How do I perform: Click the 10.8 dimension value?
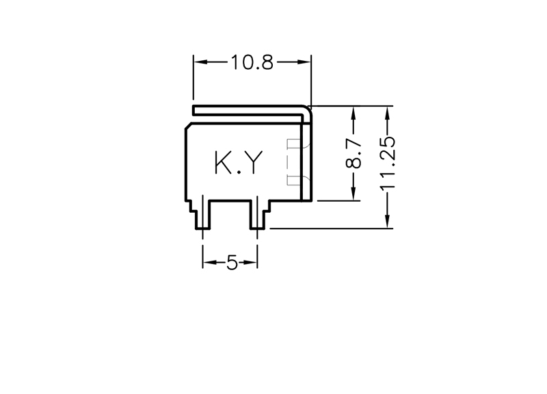(252, 63)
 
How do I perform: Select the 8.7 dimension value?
(354, 153)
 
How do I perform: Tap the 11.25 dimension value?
(388, 163)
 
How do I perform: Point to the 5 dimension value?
(232, 262)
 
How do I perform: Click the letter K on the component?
(223, 163)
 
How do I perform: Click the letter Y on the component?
(253, 163)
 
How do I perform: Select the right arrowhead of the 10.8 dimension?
(304, 62)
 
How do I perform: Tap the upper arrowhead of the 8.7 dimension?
(353, 113)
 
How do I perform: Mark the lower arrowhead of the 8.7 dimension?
(353, 194)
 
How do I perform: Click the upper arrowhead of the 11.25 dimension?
(387, 113)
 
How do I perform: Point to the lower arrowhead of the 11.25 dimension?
(387, 221)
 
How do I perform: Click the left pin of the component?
(202, 215)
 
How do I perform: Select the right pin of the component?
(258, 215)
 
